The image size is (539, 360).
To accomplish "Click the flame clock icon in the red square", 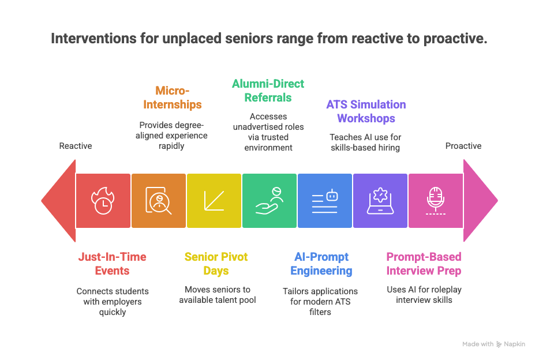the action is pyautogui.click(x=103, y=201).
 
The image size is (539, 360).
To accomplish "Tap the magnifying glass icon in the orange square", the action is pyautogui.click(x=159, y=201).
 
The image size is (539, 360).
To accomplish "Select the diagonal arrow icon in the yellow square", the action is pyautogui.click(x=214, y=201).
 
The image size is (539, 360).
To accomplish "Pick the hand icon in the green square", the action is pyautogui.click(x=269, y=201).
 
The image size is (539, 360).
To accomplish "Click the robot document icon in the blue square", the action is pyautogui.click(x=325, y=201).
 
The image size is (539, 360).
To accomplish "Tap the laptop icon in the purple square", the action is pyautogui.click(x=380, y=201).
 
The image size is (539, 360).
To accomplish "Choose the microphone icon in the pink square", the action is pyautogui.click(x=436, y=201).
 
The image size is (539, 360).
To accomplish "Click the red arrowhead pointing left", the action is pyautogui.click(x=58, y=201).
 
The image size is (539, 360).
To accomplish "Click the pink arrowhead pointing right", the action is pyautogui.click(x=481, y=201).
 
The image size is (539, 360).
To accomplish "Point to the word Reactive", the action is pyautogui.click(x=76, y=146).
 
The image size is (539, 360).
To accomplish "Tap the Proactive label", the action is pyautogui.click(x=463, y=146).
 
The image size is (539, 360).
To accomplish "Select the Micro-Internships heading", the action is pyautogui.click(x=172, y=97).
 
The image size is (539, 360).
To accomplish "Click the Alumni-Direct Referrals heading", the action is pyautogui.click(x=268, y=91).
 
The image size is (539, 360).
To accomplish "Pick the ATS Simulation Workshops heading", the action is pyautogui.click(x=366, y=111).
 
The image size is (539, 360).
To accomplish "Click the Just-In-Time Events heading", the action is pyautogui.click(x=113, y=264).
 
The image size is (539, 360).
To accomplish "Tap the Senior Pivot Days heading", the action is pyautogui.click(x=216, y=264).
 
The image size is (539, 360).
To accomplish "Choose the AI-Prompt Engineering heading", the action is pyautogui.click(x=321, y=264).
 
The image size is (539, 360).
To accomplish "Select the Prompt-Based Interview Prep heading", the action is pyautogui.click(x=424, y=264).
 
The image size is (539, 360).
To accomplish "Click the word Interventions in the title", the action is pyautogui.click(x=93, y=39).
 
